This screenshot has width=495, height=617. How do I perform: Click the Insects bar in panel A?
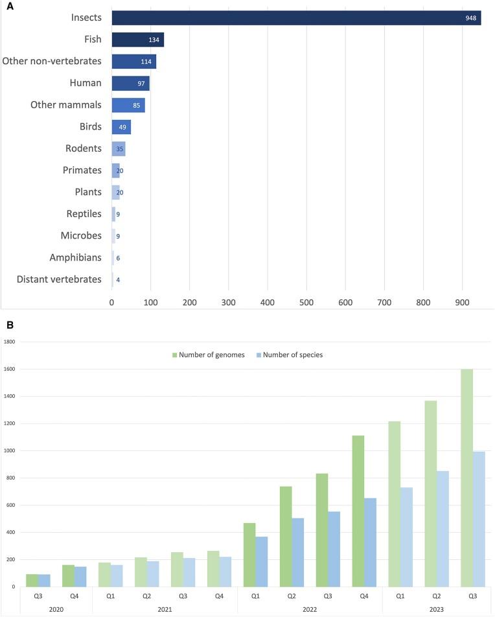pos(296,17)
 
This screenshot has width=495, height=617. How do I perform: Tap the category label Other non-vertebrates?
pos(52,62)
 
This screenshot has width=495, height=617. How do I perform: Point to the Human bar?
pos(130,84)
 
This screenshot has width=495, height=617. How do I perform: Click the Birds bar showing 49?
pos(121,126)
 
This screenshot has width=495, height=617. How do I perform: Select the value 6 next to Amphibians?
pos(118,258)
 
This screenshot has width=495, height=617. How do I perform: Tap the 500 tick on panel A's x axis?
pos(306,302)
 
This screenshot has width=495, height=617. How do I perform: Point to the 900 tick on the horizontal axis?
pos(462,302)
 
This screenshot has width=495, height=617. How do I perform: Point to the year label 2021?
pos(165,609)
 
